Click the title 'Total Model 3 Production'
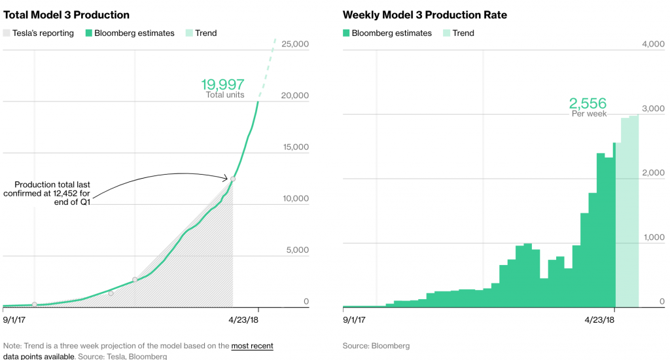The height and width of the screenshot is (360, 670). click(x=67, y=14)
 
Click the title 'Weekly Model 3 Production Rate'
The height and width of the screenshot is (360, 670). click(x=425, y=14)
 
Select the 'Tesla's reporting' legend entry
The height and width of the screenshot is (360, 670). click(x=43, y=33)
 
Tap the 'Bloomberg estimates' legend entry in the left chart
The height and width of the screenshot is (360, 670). click(x=134, y=33)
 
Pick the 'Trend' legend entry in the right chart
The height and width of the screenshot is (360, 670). click(x=463, y=33)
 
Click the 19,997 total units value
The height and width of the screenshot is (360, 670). click(x=222, y=84)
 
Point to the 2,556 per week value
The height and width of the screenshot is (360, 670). click(x=588, y=103)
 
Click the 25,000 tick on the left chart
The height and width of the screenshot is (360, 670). click(x=294, y=44)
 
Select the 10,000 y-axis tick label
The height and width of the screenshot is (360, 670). click(x=294, y=198)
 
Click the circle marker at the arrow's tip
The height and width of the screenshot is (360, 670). click(x=233, y=179)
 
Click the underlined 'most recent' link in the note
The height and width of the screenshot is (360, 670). click(x=252, y=346)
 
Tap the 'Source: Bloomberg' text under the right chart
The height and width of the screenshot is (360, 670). click(x=376, y=346)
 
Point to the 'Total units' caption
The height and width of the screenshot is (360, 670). click(x=225, y=95)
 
